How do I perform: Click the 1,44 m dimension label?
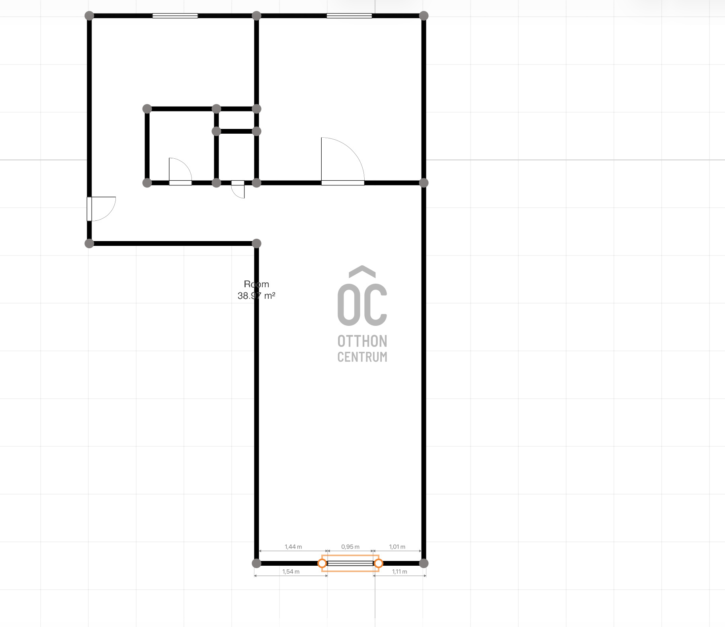pyautogui.click(x=293, y=547)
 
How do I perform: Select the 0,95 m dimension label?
pyautogui.click(x=350, y=547)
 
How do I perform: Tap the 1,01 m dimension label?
pyautogui.click(x=397, y=547)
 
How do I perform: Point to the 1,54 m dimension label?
pyautogui.click(x=291, y=572)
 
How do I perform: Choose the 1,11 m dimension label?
pyautogui.click(x=399, y=572)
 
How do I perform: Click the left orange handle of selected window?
pyautogui.click(x=322, y=563)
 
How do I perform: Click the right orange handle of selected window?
pyautogui.click(x=379, y=563)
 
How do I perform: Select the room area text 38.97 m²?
pyautogui.click(x=256, y=296)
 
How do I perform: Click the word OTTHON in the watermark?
pyautogui.click(x=362, y=341)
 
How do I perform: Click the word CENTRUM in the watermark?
pyautogui.click(x=362, y=357)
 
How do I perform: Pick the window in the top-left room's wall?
pyautogui.click(x=175, y=16)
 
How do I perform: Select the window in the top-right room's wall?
pyautogui.click(x=349, y=16)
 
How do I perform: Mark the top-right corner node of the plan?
pyautogui.click(x=424, y=16)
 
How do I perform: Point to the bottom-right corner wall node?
pyautogui.click(x=424, y=563)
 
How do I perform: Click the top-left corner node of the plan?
pyautogui.click(x=89, y=16)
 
